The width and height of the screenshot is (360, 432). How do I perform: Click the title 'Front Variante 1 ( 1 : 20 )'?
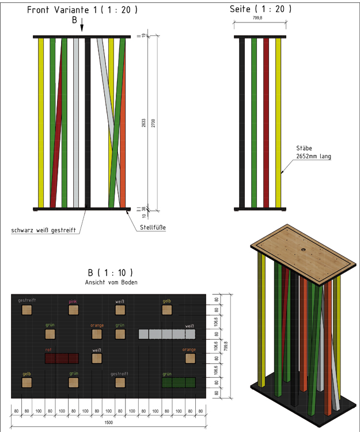pos(82,9)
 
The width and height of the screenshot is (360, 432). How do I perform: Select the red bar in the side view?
pos(266,122)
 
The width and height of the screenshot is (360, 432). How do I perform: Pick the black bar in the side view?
pos(242,122)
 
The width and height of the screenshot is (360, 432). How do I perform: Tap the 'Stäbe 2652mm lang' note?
pos(313,152)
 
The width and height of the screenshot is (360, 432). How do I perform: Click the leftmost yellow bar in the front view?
pos(41,122)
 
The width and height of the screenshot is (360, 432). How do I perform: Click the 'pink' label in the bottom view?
pos(73,301)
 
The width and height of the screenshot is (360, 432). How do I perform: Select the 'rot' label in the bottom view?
pos(49,349)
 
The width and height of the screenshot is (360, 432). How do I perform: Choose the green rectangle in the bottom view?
pos(179,382)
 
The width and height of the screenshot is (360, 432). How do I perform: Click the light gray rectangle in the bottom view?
pos(167,334)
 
